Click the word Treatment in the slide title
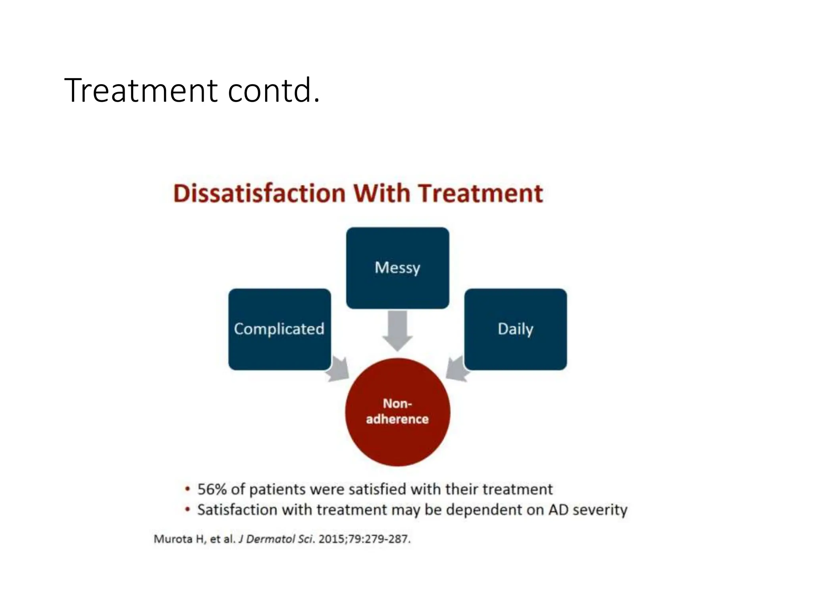coord(141,91)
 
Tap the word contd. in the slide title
coord(274,91)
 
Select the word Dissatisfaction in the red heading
coord(259,194)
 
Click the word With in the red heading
coord(381,194)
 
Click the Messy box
coord(397,268)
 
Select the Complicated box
coord(279,329)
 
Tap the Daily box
coord(515,329)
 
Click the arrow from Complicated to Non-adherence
coord(339,369)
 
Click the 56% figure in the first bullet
coord(212,489)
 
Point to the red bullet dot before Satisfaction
coord(187,510)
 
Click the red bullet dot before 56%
coord(187,489)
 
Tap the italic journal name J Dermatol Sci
coord(276,539)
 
